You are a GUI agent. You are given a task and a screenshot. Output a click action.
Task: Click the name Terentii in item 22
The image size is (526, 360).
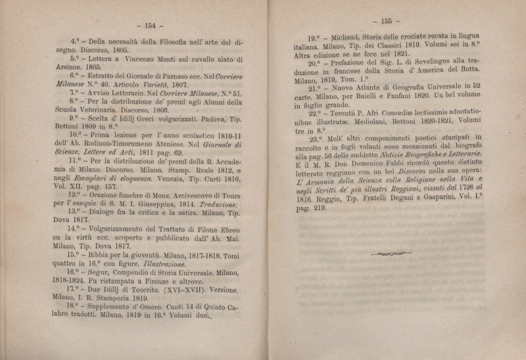[346, 113]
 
